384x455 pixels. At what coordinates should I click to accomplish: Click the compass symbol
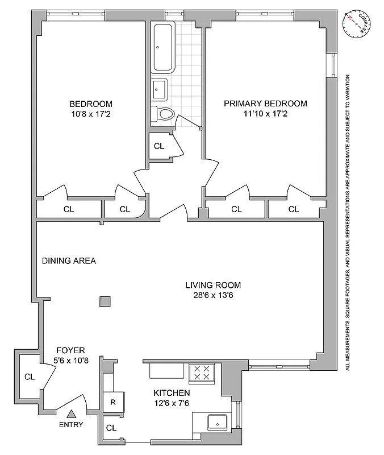point(357,23)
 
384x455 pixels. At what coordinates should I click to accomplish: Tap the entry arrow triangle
point(72,415)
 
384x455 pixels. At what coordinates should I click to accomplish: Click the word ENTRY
point(72,425)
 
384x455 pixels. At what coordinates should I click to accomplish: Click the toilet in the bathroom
point(163,114)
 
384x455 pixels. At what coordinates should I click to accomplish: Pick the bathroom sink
point(159,89)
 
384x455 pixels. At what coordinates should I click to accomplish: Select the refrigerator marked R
point(112,401)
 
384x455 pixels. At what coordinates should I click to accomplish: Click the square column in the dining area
point(105,301)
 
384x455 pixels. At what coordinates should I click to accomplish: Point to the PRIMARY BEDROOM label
point(265,104)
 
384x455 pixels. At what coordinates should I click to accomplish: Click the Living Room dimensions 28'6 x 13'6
point(213,295)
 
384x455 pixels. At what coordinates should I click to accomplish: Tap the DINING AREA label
point(69,261)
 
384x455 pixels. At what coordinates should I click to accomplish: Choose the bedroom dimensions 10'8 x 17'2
point(91,114)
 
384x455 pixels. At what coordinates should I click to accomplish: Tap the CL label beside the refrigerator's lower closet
point(111,428)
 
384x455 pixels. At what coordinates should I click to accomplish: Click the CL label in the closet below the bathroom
point(159,146)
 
